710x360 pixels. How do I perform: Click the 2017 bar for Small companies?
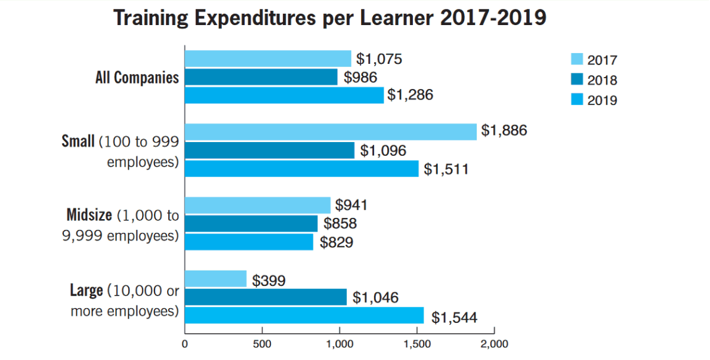[331, 131]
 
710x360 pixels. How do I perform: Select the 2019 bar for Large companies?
[304, 316]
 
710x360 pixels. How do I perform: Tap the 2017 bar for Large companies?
[215, 279]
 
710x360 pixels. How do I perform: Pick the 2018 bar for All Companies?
[261, 77]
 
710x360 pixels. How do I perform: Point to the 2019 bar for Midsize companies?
[249, 242]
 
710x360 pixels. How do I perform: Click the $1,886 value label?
[504, 131]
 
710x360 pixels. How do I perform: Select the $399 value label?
[268, 281]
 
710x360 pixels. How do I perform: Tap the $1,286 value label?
[410, 95]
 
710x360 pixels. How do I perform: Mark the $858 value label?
[340, 224]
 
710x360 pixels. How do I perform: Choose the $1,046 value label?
[375, 297]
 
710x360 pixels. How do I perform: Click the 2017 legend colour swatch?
[577, 59]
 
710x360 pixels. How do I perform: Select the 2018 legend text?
[602, 80]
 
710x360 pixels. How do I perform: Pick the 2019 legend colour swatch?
[577, 99]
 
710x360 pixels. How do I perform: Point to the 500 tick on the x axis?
[262, 344]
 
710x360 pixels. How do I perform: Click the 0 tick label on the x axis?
[185, 344]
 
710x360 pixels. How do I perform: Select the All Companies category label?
[137, 78]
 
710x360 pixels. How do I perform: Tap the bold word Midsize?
[89, 216]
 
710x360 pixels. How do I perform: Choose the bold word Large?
[87, 291]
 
